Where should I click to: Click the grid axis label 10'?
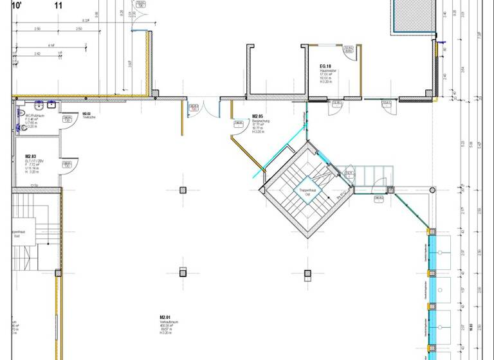[x=18, y=5]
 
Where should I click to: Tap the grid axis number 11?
[x=59, y=5]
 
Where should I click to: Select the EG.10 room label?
[x=325, y=66]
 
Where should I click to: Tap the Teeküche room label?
[x=89, y=116]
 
